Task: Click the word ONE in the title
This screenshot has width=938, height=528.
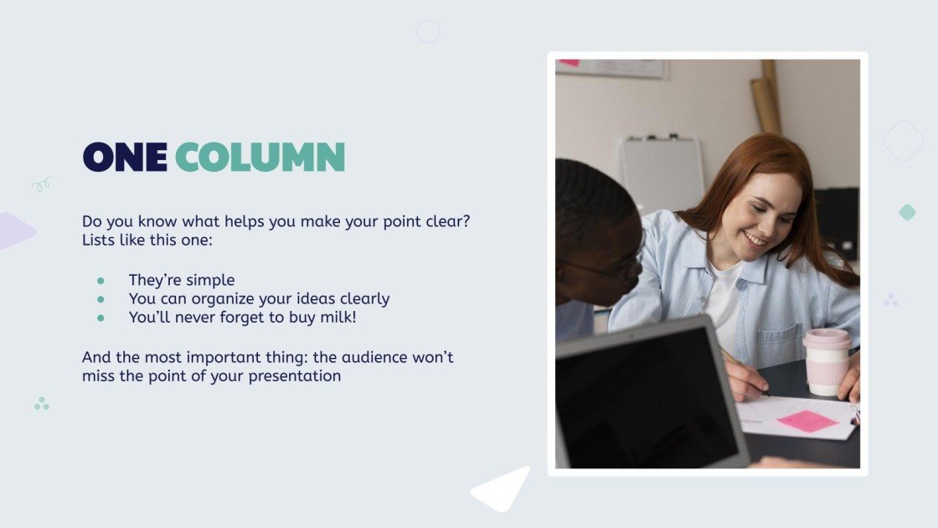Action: pyautogui.click(x=124, y=157)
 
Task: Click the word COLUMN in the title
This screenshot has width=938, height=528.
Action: pyautogui.click(x=260, y=157)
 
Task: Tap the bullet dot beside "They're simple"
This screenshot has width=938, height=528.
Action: pyautogui.click(x=100, y=281)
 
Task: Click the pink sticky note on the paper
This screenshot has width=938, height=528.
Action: pyautogui.click(x=807, y=421)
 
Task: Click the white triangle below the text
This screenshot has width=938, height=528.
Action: pyautogui.click(x=504, y=490)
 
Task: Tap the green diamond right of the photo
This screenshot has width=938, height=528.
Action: pyautogui.click(x=907, y=212)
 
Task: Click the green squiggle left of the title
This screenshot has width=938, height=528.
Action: pyautogui.click(x=41, y=184)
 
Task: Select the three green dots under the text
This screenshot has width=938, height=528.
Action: pyautogui.click(x=42, y=404)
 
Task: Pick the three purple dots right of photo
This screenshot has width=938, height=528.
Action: pyautogui.click(x=891, y=300)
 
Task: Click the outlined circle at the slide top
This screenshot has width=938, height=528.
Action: pyautogui.click(x=428, y=32)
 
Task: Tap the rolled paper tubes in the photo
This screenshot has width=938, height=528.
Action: pyautogui.click(x=765, y=99)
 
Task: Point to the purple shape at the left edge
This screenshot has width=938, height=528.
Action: pyautogui.click(x=13, y=230)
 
